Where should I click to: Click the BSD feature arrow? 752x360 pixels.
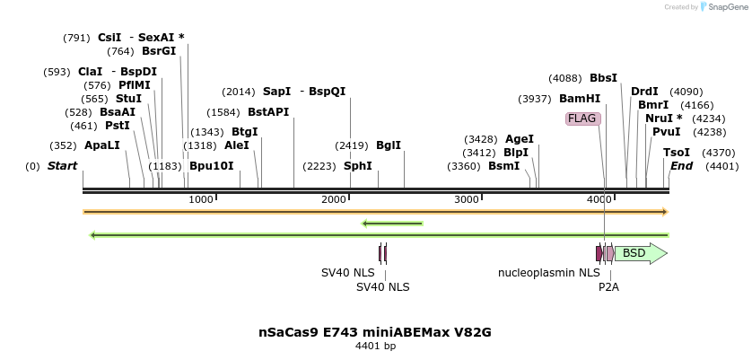(x=640, y=253)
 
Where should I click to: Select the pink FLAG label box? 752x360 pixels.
(x=581, y=119)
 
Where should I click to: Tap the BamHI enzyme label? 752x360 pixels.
(x=580, y=99)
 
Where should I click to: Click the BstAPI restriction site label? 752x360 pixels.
(x=268, y=112)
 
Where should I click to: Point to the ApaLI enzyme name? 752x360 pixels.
(x=101, y=145)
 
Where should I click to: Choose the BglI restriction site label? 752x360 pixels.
(x=389, y=145)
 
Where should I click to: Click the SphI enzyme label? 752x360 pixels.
(x=357, y=166)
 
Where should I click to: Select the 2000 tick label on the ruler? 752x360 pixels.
(x=334, y=199)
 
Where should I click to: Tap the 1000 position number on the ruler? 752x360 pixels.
(x=200, y=199)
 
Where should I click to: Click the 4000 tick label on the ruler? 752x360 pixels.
(x=599, y=199)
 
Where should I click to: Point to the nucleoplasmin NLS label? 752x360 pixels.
(x=548, y=273)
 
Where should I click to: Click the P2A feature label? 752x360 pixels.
(x=608, y=287)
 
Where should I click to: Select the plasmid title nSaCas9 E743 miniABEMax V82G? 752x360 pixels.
(x=375, y=332)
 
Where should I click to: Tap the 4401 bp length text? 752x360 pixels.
(x=375, y=347)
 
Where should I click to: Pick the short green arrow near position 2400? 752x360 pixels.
(x=392, y=224)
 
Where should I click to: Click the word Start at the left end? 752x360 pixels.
(x=62, y=166)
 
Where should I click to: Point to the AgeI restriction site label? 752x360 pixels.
(x=519, y=139)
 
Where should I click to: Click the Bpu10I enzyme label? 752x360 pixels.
(x=211, y=166)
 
